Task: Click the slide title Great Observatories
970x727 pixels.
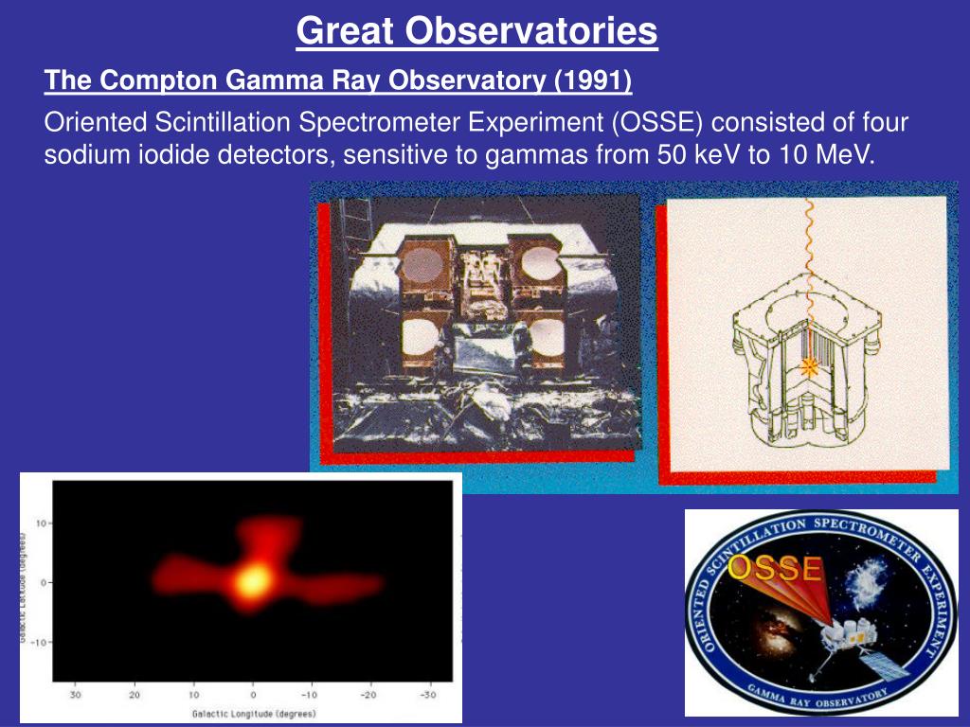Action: pyautogui.click(x=476, y=31)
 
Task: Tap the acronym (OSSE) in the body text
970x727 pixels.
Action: pyautogui.click(x=657, y=122)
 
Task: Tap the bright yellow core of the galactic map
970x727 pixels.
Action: pyautogui.click(x=253, y=580)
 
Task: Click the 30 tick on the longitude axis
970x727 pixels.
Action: pyautogui.click(x=75, y=695)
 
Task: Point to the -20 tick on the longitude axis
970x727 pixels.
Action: pyautogui.click(x=368, y=695)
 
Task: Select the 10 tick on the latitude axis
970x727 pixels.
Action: pyautogui.click(x=42, y=523)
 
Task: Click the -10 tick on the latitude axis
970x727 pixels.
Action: pyautogui.click(x=39, y=642)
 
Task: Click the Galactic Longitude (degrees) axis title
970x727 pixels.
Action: pyautogui.click(x=254, y=714)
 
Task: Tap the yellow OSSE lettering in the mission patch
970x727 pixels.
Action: pyautogui.click(x=775, y=569)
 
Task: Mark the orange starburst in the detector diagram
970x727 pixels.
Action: pyautogui.click(x=809, y=367)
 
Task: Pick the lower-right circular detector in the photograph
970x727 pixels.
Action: pyautogui.click(x=546, y=338)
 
